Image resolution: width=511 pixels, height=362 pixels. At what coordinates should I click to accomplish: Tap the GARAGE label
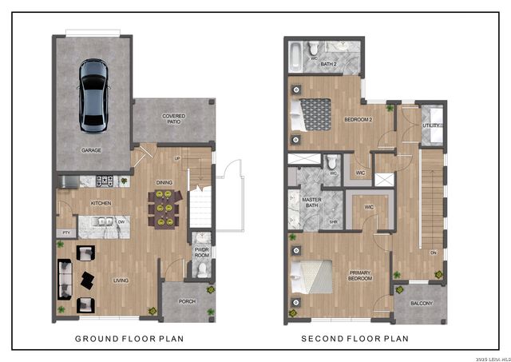[91, 149]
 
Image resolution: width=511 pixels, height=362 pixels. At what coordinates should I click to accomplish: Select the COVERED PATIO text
[173, 119]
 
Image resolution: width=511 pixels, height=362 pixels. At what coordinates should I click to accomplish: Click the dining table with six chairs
[164, 206]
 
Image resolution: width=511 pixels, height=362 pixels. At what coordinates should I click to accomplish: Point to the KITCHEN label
[100, 204]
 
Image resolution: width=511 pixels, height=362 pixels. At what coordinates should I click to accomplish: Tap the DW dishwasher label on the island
[121, 223]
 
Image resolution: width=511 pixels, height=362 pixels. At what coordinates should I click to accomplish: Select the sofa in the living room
[64, 280]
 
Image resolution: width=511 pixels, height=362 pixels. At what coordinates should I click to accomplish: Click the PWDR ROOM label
[202, 253]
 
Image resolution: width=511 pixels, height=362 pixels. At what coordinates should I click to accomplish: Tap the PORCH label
[187, 301]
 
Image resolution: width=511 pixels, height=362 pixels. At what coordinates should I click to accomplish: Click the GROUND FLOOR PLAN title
[129, 339]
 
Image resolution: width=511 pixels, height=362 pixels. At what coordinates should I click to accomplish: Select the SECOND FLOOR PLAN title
[355, 339]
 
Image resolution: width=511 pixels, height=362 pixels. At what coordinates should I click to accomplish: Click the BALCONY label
[421, 304]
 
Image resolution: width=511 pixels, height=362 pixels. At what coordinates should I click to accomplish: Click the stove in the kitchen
[105, 181]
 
